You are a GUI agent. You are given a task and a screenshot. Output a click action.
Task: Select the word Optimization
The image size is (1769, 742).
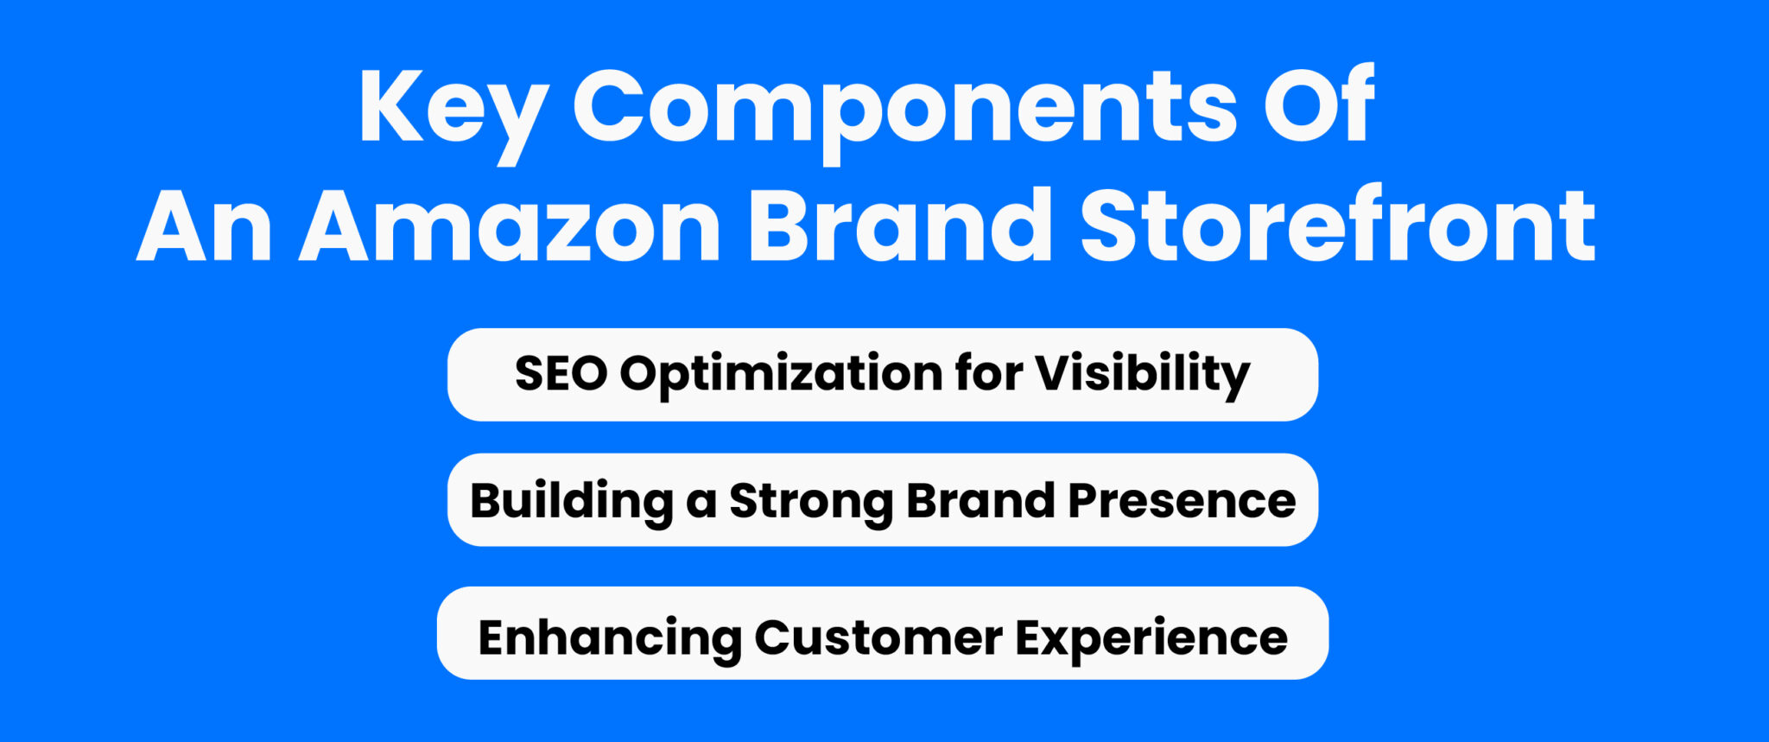(x=781, y=375)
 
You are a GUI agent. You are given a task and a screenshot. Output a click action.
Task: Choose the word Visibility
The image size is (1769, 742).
(x=1143, y=375)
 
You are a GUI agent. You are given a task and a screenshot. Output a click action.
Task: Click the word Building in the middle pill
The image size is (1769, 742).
(x=572, y=502)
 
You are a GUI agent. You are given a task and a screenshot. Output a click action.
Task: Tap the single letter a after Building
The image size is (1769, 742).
(x=701, y=506)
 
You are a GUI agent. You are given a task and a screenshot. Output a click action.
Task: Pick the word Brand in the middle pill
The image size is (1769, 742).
(x=980, y=500)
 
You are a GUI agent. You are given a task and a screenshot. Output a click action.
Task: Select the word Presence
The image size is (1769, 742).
(x=1182, y=502)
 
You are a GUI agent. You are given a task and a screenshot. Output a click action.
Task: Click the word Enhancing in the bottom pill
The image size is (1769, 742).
(x=610, y=639)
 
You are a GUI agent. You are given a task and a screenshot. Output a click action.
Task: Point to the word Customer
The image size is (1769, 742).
(x=878, y=638)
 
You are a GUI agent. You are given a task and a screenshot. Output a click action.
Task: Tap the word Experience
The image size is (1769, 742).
(x=1151, y=640)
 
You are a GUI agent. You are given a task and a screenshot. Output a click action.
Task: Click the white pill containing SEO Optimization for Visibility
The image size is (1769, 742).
(x=883, y=375)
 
